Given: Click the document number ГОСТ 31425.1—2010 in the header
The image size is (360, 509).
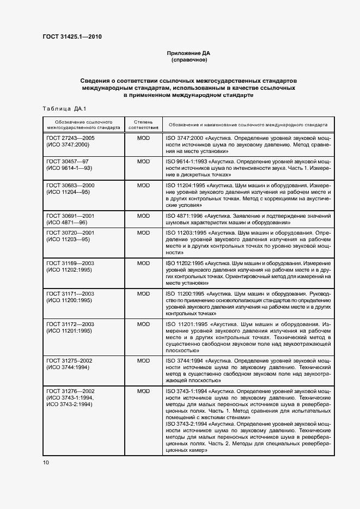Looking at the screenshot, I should coord(72,37).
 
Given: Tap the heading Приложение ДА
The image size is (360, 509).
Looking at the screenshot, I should coord(188,53).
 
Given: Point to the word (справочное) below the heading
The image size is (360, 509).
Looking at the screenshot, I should coord(188,60).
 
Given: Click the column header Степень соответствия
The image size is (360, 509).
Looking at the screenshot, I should coord(143,124).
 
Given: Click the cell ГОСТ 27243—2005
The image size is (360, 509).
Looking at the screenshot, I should coord(71,138).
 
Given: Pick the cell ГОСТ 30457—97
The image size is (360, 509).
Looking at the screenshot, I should coord(67,162).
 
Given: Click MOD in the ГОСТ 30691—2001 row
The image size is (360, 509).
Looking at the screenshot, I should coord(143,216).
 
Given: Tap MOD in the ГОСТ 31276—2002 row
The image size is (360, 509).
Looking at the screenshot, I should coord(143,391).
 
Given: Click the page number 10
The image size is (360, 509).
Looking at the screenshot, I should coord(46,462).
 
